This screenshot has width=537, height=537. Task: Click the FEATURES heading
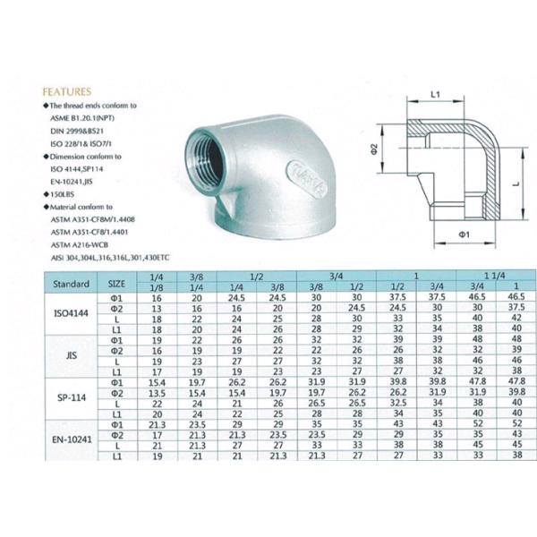[x=66, y=91]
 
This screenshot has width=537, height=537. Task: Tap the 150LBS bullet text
[x=64, y=192]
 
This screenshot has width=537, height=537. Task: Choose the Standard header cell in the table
[x=70, y=283]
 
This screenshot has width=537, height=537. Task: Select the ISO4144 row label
[x=70, y=314]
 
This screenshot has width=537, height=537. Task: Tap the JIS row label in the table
[x=70, y=356]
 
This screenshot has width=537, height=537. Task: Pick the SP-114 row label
[x=70, y=398]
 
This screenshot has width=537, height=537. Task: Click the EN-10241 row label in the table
[x=70, y=440]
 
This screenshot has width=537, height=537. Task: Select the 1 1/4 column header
[x=493, y=277]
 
